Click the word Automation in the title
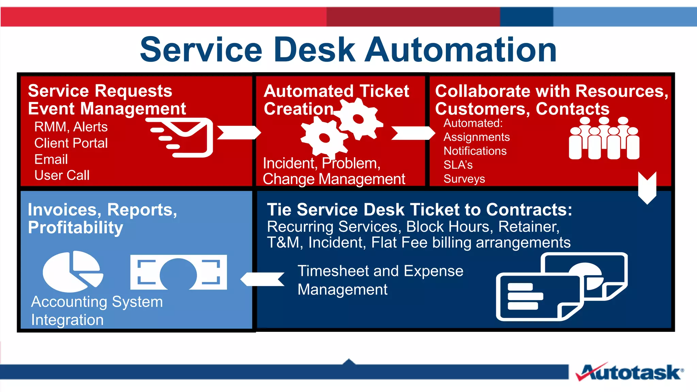pos(461,50)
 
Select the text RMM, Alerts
pos(71,127)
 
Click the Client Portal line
pos(71,143)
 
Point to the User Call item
pos(62,176)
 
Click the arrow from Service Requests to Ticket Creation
pos(238,133)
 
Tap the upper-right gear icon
pos(359,119)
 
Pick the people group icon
pos(604,139)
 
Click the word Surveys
pos(464,179)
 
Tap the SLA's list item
pos(458,165)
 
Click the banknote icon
pos(178,272)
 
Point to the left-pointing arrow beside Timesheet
pos(263,279)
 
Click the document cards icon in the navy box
pos(562,287)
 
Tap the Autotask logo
pos(630,372)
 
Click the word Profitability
pos(76,228)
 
